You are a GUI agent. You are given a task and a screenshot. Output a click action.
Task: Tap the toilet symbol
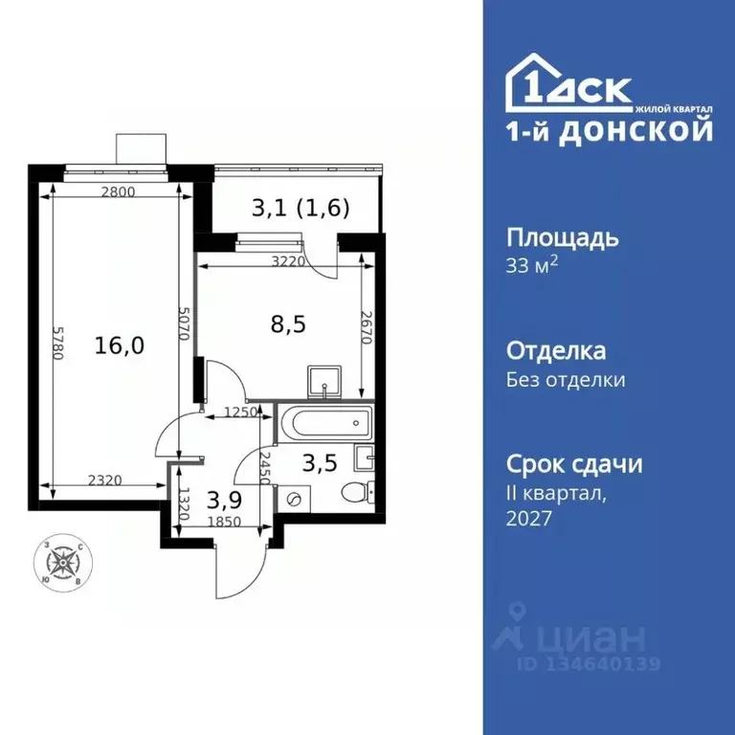click(x=357, y=493)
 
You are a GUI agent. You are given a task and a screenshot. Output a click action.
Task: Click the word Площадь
click(x=562, y=237)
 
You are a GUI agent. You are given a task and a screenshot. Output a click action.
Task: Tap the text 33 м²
click(x=531, y=265)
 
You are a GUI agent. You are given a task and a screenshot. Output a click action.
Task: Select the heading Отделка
click(x=555, y=351)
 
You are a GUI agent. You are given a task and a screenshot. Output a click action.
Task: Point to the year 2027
click(x=529, y=518)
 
